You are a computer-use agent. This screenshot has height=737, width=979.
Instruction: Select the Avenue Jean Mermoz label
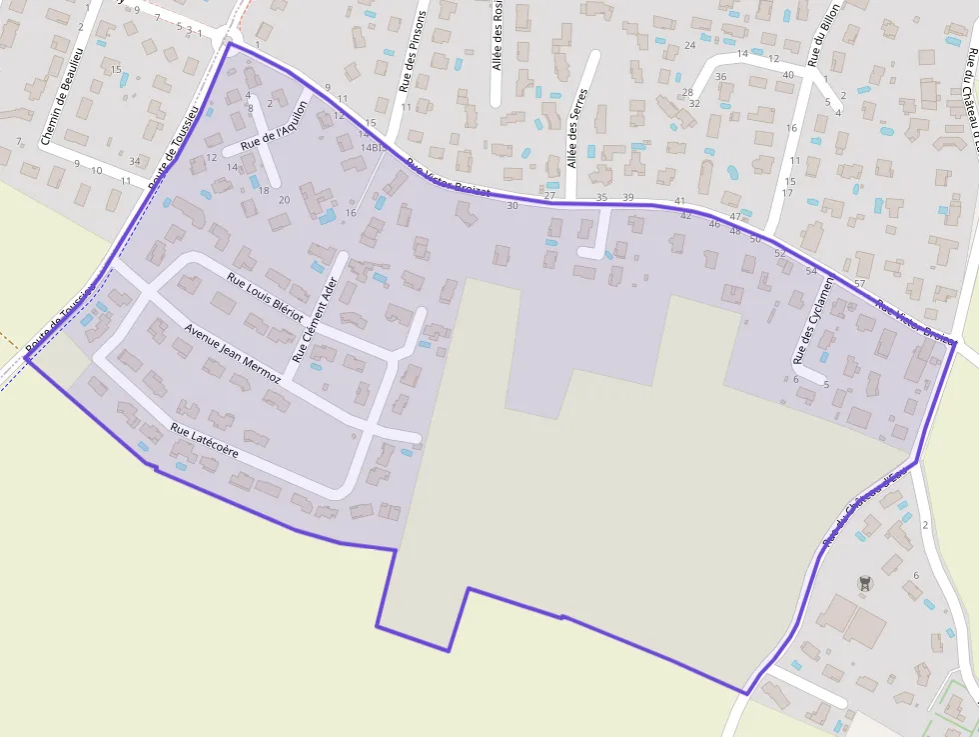click(232, 353)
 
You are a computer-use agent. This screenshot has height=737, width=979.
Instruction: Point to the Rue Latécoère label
click(204, 441)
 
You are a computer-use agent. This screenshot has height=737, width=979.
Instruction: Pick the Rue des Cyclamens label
click(813, 321)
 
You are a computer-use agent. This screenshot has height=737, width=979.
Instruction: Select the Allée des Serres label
click(573, 137)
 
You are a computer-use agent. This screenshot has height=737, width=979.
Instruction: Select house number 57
click(859, 284)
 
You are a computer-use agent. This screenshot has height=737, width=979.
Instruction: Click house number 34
click(135, 162)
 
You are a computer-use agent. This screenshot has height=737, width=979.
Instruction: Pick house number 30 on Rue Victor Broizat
click(512, 205)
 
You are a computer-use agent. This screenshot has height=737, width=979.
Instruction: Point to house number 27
click(549, 196)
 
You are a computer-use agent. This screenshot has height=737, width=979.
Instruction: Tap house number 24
click(689, 46)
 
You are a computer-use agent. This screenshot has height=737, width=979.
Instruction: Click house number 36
click(720, 77)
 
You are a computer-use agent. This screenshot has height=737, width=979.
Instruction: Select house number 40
click(788, 75)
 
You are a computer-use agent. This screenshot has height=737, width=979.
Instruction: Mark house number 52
click(780, 254)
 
